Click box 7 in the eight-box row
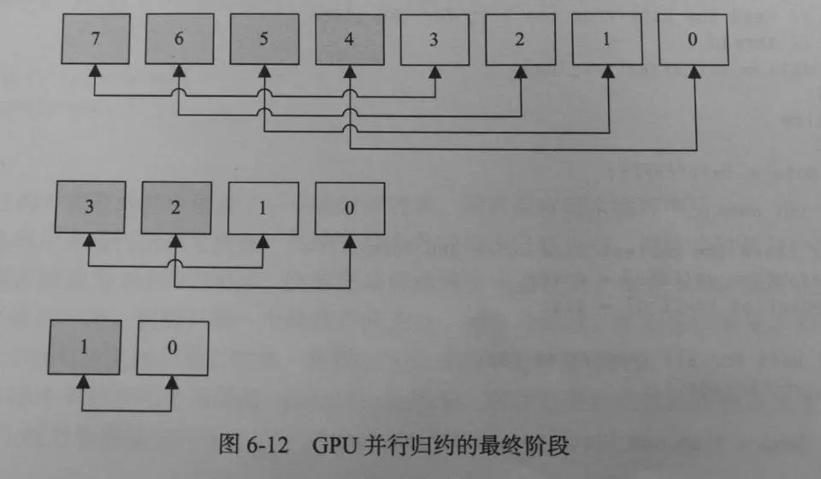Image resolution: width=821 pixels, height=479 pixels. (94, 40)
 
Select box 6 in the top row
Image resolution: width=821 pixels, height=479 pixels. (179, 40)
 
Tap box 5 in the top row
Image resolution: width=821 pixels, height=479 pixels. (264, 40)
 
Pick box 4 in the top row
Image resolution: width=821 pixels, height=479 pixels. (350, 40)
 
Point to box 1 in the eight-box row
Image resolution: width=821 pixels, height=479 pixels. (606, 40)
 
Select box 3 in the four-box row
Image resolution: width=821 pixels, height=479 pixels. (89, 208)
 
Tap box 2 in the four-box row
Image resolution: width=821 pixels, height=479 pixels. (175, 208)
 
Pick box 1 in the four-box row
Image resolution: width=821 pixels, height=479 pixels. (263, 208)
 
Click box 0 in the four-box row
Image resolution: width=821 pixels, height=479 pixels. (349, 208)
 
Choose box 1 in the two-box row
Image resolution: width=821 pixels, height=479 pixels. (82, 348)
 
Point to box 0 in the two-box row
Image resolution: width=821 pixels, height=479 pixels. (173, 348)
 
